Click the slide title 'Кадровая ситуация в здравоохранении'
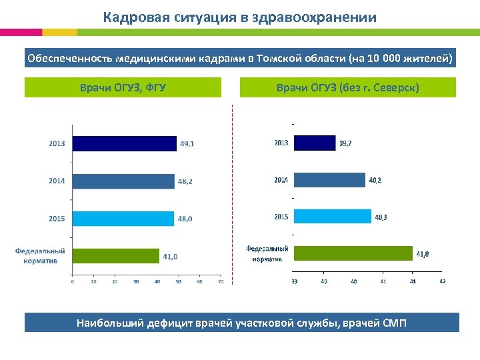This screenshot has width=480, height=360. point(239,17)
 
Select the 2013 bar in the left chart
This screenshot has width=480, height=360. point(124,143)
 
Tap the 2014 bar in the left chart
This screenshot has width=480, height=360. point(123,181)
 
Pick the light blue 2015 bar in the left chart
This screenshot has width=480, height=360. point(123,218)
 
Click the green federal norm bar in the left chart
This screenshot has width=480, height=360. point(115,256)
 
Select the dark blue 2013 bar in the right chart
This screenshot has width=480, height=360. point(314,143)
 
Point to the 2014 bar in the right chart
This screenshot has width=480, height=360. point(329,180)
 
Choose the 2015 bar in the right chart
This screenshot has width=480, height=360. point(332,217)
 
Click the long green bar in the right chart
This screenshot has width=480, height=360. point(353,253)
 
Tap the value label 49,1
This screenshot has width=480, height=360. point(187,143)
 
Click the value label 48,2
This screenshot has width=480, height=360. point(185,181)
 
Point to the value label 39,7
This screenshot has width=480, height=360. point(346,143)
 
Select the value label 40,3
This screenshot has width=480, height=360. point(381,217)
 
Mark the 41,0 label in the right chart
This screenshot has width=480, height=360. point(423,254)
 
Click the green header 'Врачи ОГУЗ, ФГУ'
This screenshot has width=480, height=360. point(123,87)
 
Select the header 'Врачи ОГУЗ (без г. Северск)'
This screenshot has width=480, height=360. point(347,87)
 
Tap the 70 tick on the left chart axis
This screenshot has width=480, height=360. point(220,282)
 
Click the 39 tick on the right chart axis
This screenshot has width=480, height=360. point(294,282)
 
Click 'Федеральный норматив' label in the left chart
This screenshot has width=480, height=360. point(40,256)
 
